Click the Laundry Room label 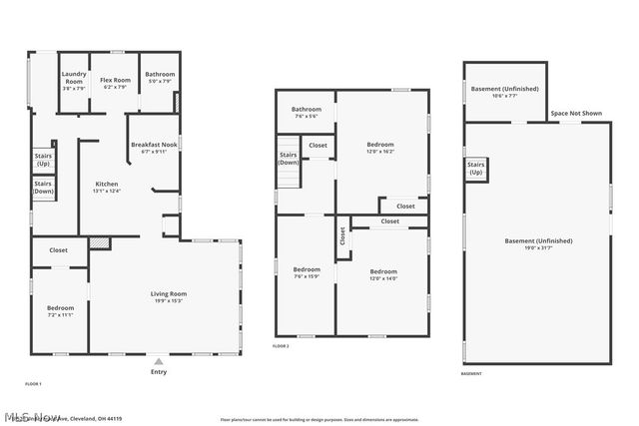point(74,78)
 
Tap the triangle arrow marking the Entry point(159,360)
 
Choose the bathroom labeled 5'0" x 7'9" point(160,78)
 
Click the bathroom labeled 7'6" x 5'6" point(306,113)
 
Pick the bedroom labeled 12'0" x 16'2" point(381,148)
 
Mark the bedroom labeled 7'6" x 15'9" point(307,273)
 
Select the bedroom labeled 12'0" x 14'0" point(383,275)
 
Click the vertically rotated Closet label point(342,236)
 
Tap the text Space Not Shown point(576,114)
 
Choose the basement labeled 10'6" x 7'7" point(505,92)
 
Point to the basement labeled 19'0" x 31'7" point(538,244)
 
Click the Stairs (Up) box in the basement point(475,169)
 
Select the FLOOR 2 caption point(281,346)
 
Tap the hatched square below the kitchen point(99,242)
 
